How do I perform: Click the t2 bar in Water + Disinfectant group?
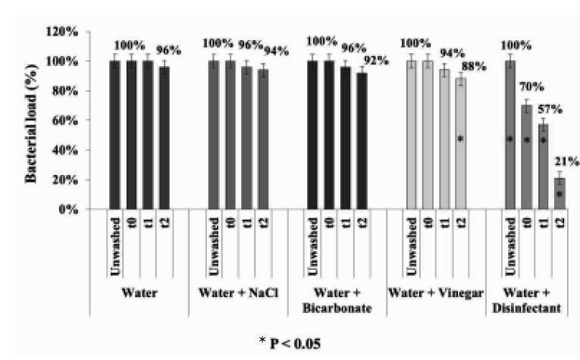click(560, 193)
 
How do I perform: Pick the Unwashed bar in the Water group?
click(114, 134)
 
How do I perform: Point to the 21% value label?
click(569, 161)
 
